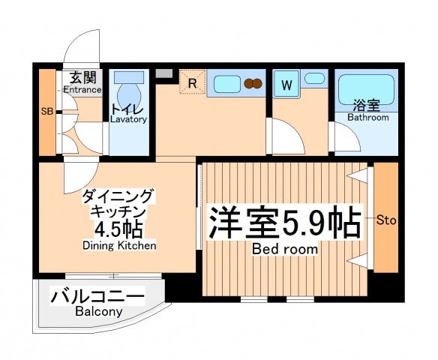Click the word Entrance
coord(82,90)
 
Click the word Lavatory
coord(129,118)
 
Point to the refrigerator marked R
coord(192,83)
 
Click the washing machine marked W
coord(286,85)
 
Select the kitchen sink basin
coord(225,82)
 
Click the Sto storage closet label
coord(386,220)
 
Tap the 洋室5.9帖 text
coord(284,221)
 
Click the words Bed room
coord(284,248)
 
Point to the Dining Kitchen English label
coord(119,245)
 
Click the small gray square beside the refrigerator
coord(163,73)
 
